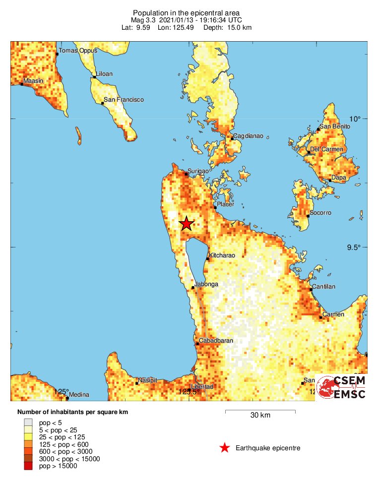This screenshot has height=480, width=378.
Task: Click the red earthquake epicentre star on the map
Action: [186, 224]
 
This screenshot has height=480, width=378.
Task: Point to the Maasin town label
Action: [33, 81]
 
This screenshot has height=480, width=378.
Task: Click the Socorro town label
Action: [320, 213]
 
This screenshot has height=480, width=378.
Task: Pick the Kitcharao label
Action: [222, 255]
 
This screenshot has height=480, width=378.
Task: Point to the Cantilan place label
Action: [323, 287]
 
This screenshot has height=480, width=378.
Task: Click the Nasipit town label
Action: [147, 380]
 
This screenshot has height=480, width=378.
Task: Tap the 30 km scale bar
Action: [260, 411]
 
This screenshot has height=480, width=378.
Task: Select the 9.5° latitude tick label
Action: [355, 247]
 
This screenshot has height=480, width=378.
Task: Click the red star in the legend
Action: [225, 448]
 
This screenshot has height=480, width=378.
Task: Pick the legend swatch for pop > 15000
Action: [28, 466]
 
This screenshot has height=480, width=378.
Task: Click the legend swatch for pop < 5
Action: [28, 422]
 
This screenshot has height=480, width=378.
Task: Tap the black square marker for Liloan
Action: [94, 77]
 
